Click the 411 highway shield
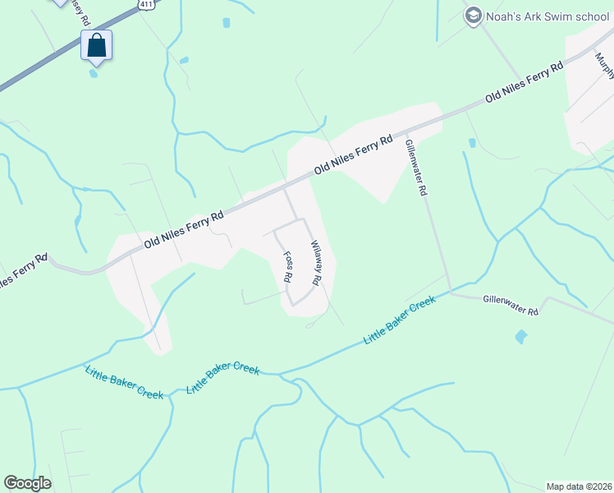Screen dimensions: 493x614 click(145, 4)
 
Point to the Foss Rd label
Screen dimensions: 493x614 click(288, 267)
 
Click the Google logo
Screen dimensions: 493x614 click(27, 483)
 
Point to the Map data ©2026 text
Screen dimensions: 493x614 click(578, 486)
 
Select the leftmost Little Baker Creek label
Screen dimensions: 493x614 click(125, 383)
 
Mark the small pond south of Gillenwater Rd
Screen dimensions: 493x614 click(520, 336)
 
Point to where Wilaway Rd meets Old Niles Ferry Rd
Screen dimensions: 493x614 click(285, 188)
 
